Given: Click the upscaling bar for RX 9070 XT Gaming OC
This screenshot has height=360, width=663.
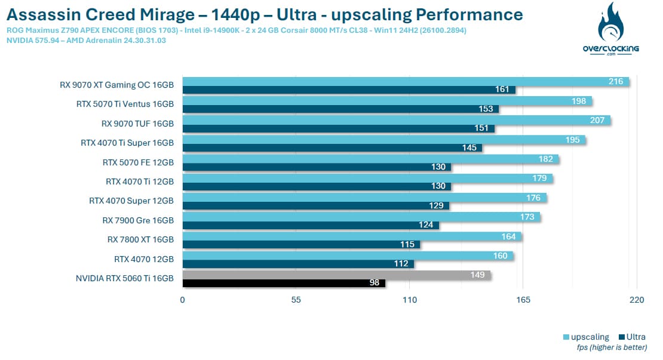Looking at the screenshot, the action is pos(406,82).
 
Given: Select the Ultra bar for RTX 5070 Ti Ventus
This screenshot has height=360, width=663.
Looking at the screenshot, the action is pos(341,109).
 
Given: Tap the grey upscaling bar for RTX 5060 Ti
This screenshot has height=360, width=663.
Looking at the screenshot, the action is pos(336,275).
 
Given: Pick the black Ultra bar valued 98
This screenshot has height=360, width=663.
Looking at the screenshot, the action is pos(284,283).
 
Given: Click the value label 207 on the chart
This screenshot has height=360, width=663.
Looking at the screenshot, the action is pos(597,121).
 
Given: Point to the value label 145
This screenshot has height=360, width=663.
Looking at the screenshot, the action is pos(469,147).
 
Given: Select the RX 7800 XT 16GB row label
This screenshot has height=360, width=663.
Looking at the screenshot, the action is pos(140,239).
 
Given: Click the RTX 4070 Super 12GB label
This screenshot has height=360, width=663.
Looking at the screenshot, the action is pos(131,201).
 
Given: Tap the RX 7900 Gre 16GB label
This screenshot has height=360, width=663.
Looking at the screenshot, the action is pos(138,220).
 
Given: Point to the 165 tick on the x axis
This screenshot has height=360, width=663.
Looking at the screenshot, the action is pos(523,300).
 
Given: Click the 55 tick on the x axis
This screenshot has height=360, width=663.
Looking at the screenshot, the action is pos(296,300).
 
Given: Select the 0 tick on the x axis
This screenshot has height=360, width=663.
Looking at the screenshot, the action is pos(182,300).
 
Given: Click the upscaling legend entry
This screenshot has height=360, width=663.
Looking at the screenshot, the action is pos(586,337).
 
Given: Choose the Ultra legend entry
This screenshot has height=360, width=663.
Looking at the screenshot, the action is pos(632,337).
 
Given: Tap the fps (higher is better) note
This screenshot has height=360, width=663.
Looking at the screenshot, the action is pos(612,347).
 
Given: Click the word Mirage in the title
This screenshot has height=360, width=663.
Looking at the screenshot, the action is pos(168,15).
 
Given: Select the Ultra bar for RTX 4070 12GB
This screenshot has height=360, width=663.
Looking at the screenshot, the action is pos(298,264).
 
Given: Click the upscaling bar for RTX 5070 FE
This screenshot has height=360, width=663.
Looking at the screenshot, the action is pos(371,159).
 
